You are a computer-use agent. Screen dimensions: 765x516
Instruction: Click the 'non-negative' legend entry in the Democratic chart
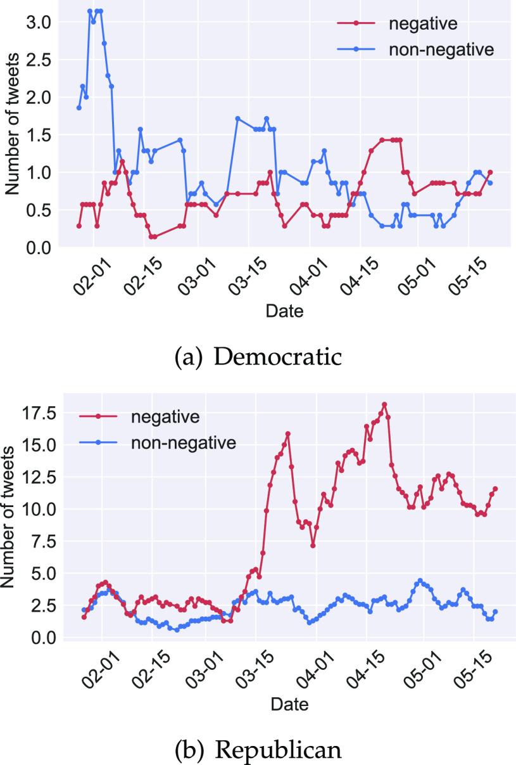coord(441,50)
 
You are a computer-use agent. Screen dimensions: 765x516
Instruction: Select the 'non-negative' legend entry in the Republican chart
coord(182,442)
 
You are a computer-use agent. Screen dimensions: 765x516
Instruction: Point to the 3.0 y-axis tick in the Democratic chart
coord(37,22)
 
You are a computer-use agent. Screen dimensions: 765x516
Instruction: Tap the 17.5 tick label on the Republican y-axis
coord(37,414)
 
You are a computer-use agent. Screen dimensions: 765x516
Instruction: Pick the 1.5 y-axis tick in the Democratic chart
coord(37,135)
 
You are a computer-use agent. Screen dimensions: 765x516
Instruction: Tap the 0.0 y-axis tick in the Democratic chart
coord(37,247)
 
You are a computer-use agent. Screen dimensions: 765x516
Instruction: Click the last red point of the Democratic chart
coord(490,172)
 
